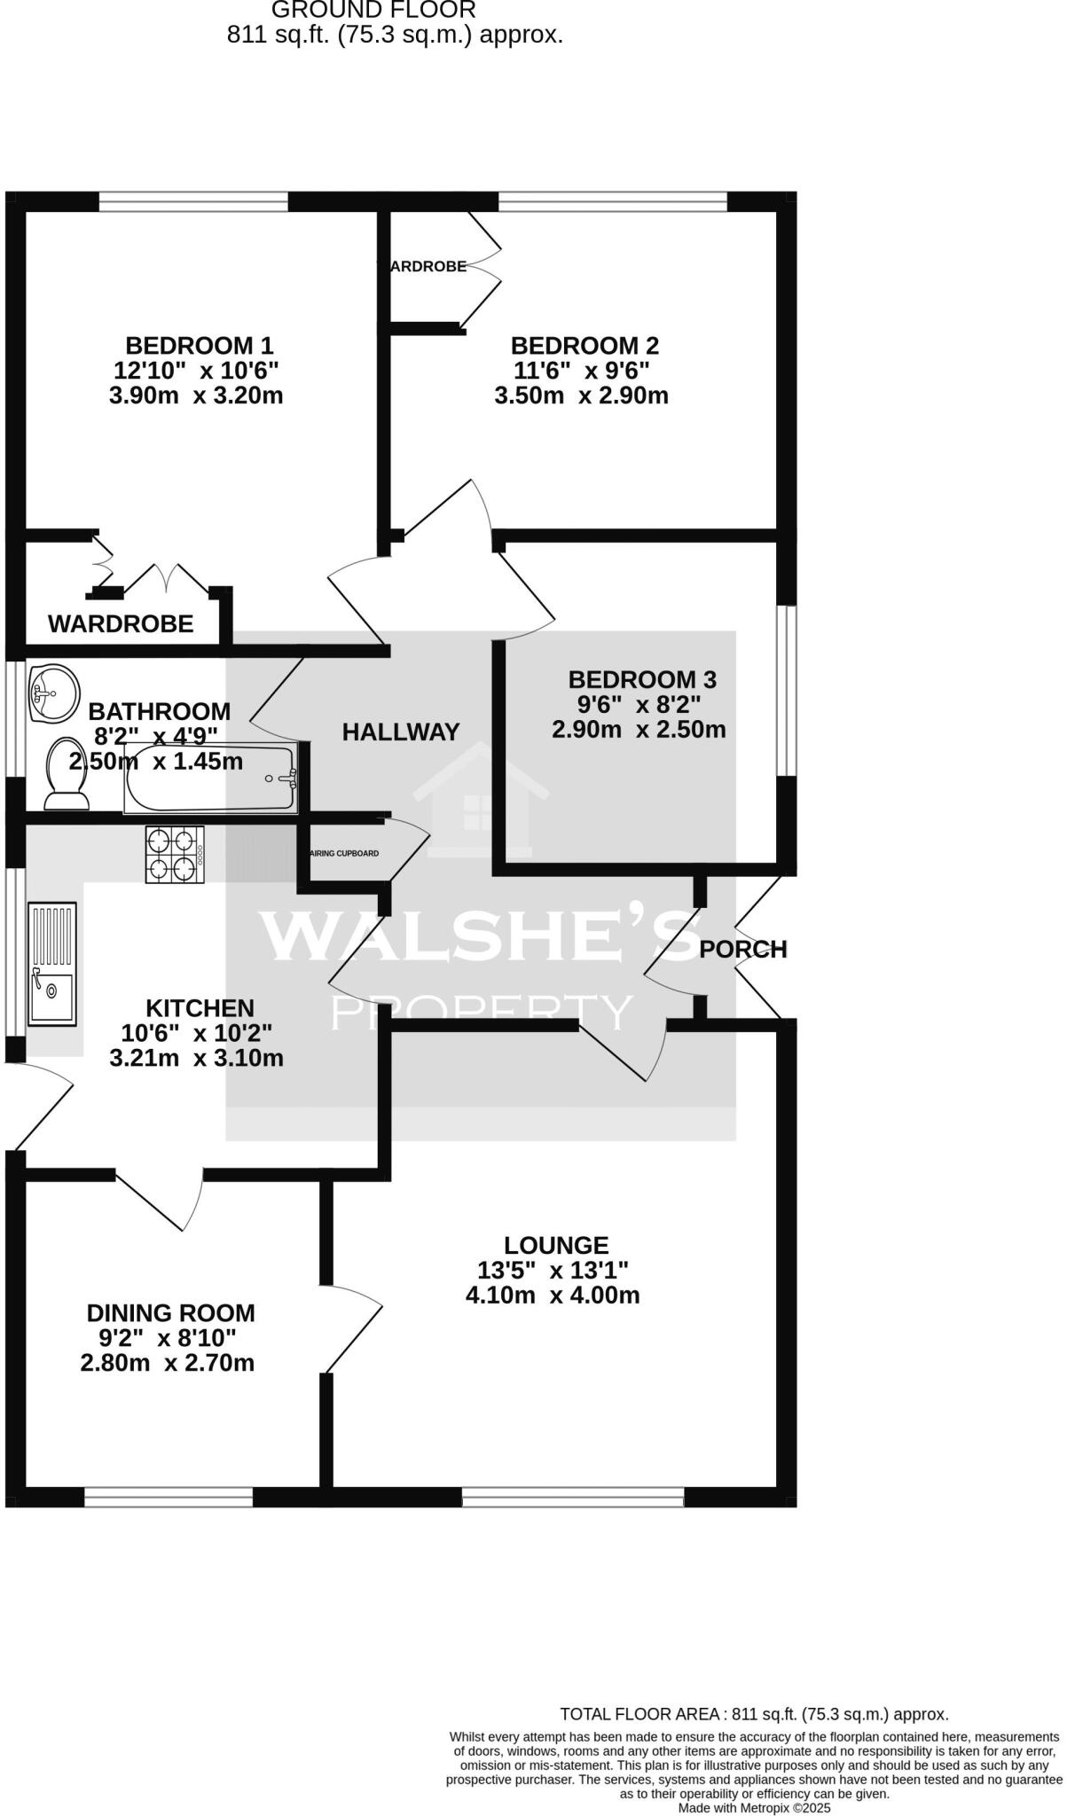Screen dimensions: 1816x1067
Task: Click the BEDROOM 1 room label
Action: tap(199, 345)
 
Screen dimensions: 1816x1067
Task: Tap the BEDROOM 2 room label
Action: tap(584, 345)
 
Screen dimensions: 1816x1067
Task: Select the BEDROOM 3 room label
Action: tap(641, 680)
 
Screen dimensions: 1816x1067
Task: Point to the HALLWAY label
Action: tap(401, 732)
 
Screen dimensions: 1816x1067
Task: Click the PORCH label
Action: tap(742, 950)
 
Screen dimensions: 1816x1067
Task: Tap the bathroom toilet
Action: tap(67, 774)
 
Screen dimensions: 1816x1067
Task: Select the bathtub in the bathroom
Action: tap(210, 778)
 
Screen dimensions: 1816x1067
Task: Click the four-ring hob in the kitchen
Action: tap(175, 854)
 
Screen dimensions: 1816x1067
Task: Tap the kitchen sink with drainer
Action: tap(52, 962)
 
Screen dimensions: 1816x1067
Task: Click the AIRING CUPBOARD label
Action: tap(344, 854)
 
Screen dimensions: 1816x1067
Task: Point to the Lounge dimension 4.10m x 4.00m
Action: tap(553, 1295)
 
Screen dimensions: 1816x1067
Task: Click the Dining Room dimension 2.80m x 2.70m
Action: tap(168, 1363)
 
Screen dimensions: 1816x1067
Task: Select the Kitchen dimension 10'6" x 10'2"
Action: tap(197, 1033)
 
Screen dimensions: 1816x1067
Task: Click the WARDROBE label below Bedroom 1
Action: tap(121, 624)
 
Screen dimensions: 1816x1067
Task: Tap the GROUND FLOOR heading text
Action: tap(373, 10)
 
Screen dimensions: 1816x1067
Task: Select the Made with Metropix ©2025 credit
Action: tap(754, 1807)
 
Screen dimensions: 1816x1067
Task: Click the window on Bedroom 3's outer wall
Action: tap(786, 691)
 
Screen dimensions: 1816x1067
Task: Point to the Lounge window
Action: tap(573, 1498)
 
